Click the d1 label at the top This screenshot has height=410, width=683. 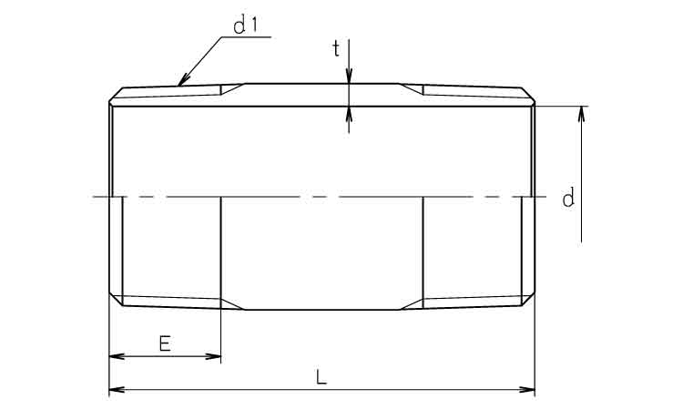tap(245, 26)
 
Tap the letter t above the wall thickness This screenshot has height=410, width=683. tap(336, 48)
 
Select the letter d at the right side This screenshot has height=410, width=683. tap(568, 199)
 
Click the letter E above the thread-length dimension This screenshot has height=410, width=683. tap(165, 343)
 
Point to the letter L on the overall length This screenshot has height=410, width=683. tap(321, 376)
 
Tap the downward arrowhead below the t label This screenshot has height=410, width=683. tap(349, 76)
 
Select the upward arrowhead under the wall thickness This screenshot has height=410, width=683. tap(349, 114)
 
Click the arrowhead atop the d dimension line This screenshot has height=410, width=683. tap(582, 114)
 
